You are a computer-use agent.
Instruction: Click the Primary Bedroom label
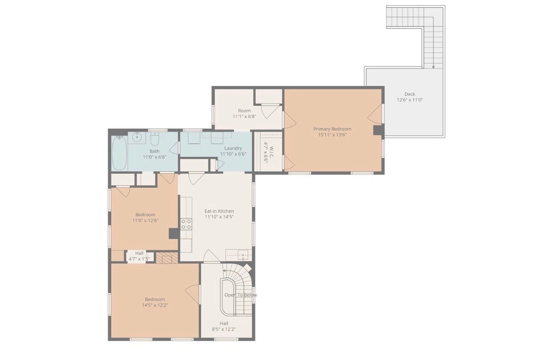[332, 129]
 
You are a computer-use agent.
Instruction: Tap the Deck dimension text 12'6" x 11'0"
[410, 100]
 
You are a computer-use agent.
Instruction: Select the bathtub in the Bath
[119, 153]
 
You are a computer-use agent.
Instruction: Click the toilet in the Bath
[155, 139]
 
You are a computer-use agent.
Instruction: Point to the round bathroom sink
[137, 137]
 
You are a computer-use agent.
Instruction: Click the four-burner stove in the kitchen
[186, 224]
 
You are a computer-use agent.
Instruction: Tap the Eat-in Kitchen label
[219, 211]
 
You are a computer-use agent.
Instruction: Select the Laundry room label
[233, 148]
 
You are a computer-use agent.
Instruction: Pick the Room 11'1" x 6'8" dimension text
[244, 116]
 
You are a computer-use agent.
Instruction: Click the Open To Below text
[241, 295]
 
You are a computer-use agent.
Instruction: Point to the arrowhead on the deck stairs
[433, 66]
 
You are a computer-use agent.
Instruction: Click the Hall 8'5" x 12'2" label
[224, 326]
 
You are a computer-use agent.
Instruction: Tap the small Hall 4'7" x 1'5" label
[139, 256]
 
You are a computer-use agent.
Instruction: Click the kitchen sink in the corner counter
[243, 254]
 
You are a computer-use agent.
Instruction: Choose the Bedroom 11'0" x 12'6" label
[145, 218]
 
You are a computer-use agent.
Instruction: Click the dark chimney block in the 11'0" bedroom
[174, 233]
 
